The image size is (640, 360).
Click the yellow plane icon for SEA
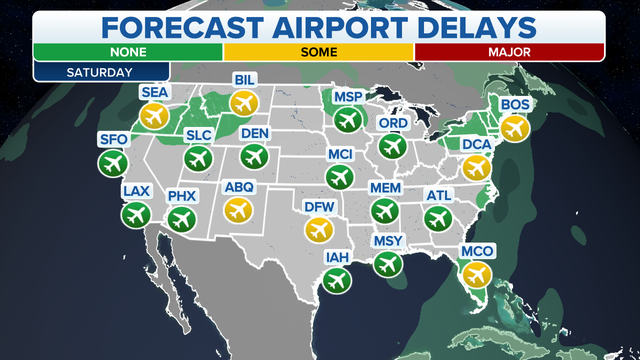153,116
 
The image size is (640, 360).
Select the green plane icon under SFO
111,162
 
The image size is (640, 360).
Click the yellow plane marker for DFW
318,230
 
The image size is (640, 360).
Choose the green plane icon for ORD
391,146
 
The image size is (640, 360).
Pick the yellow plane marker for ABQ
238,208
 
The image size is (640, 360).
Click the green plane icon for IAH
336,280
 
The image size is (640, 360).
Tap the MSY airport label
388,241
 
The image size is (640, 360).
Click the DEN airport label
255,133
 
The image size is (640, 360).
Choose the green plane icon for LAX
134,213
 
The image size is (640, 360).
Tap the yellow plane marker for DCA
477,167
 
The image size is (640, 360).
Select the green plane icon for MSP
347,119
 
